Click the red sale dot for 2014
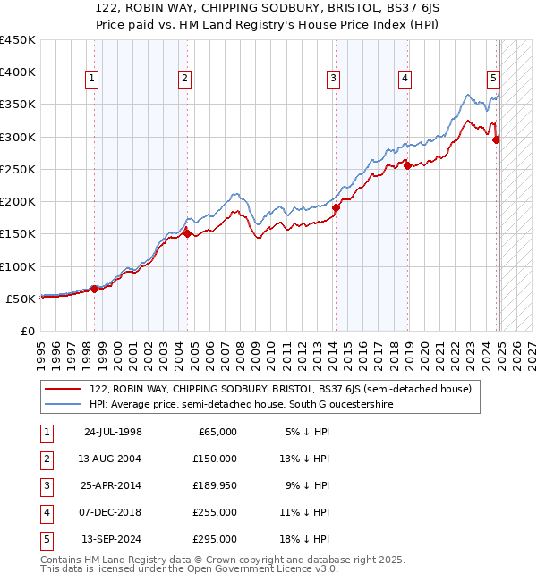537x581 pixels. click(x=337, y=207)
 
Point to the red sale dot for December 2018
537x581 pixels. click(x=407, y=165)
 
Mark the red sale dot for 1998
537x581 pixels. click(x=94, y=289)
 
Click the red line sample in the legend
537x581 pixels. click(x=63, y=389)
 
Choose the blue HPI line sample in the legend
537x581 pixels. click(x=63, y=404)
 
